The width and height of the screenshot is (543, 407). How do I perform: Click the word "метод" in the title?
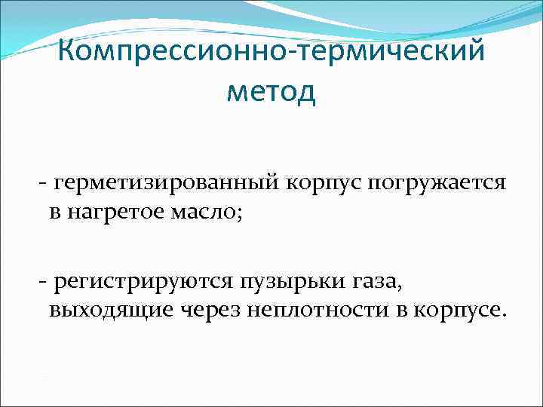271,93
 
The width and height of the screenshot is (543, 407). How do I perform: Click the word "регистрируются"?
140,283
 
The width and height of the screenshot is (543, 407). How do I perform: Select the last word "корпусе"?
450,309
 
